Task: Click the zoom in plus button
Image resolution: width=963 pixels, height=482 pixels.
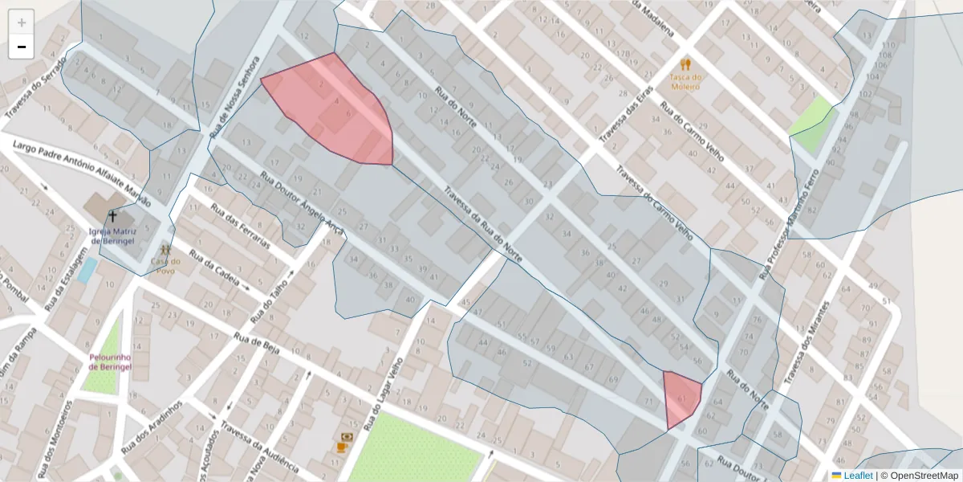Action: (22, 22)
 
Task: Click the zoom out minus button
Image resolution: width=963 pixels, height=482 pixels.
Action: (22, 47)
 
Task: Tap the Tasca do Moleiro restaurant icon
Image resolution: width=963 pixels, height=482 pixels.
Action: (685, 63)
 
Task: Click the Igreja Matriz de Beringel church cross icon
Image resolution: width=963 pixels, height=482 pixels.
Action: (112, 216)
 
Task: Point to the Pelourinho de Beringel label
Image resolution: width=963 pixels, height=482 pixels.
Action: (110, 361)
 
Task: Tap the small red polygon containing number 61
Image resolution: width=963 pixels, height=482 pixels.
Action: (681, 398)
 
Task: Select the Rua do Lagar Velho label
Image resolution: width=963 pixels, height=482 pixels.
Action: (384, 393)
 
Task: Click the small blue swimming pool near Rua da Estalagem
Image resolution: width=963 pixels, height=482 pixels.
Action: (87, 269)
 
